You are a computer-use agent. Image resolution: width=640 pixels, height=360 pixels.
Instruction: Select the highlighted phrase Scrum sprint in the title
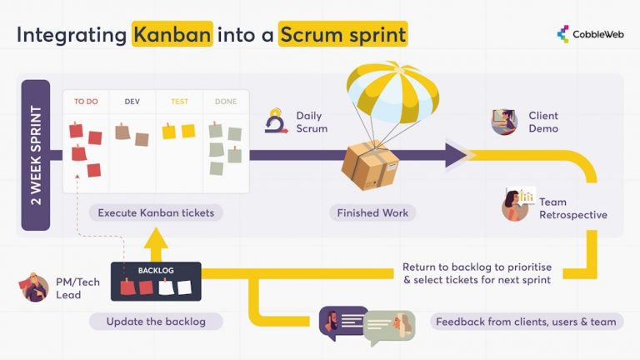tap(342, 35)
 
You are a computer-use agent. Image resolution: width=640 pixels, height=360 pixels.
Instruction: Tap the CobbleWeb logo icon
tap(563, 34)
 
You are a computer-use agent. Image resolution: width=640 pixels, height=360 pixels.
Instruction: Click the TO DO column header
tap(86, 102)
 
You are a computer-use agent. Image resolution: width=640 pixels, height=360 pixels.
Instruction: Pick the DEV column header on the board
tap(132, 102)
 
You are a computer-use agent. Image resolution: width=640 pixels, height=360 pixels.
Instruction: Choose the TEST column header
tap(179, 102)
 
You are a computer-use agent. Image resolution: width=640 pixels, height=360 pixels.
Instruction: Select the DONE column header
tap(225, 102)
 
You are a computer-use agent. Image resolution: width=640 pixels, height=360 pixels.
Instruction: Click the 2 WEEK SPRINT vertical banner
tap(35, 155)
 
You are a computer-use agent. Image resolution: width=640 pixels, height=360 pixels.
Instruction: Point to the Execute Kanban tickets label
tap(156, 212)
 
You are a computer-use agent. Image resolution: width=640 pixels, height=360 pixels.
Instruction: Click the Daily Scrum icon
tap(275, 122)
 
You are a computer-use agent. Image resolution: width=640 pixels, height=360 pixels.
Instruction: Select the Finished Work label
tap(372, 213)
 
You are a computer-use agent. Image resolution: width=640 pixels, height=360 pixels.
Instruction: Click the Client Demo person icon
tap(503, 122)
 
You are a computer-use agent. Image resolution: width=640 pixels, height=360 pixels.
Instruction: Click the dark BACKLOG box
tap(156, 281)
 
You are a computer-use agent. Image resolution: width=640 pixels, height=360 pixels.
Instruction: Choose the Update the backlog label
tap(156, 321)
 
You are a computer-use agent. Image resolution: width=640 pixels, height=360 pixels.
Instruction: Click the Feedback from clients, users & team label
tap(527, 321)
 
